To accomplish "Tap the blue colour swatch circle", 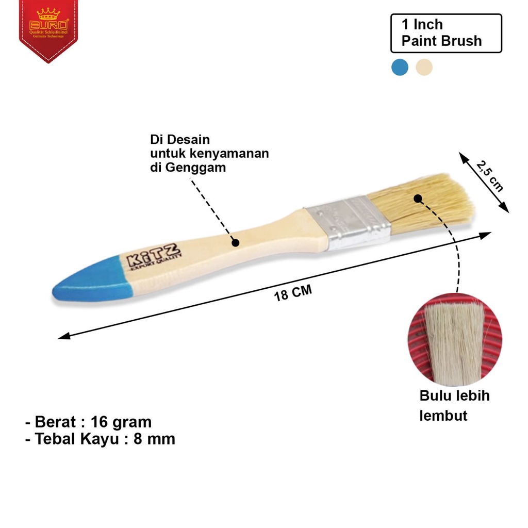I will pos(400,67).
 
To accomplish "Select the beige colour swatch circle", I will pos(424,67).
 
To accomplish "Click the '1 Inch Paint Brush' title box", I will pos(446,33).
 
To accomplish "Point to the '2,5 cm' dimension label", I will pos(489,176).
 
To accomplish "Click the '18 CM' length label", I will pos(293,293).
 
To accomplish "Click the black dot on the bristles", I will pos(418,198).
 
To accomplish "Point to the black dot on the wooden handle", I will pos(235,242).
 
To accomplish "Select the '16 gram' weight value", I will pos(121,422).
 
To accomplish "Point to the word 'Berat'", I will pos(55,422).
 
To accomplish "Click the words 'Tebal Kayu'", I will pos(74,439).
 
